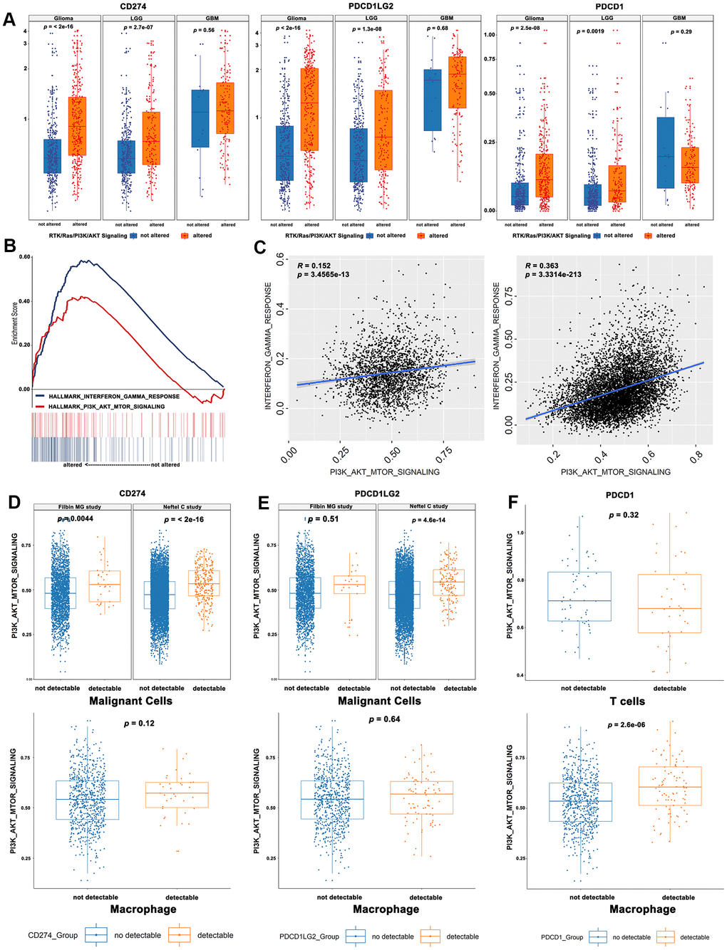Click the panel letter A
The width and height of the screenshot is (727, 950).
9,19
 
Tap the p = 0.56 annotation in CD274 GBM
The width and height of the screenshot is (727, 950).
204,31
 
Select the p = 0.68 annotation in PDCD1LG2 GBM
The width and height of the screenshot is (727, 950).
438,28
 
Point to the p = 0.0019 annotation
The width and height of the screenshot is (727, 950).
590,31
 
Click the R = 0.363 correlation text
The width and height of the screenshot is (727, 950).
542,266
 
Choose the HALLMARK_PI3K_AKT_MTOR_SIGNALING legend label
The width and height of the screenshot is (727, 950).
106,407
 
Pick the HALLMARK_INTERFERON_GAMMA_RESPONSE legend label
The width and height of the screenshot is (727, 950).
114,396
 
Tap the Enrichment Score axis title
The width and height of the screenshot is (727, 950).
15,323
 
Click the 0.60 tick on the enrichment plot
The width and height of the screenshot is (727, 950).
24,257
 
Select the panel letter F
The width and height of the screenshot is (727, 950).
512,503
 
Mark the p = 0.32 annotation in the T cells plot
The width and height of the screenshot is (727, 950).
624,515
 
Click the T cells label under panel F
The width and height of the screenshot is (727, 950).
627,701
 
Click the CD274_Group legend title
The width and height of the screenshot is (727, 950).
53,935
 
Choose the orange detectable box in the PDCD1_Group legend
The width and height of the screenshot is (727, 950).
665,937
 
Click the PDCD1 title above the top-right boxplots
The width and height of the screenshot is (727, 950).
609,6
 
